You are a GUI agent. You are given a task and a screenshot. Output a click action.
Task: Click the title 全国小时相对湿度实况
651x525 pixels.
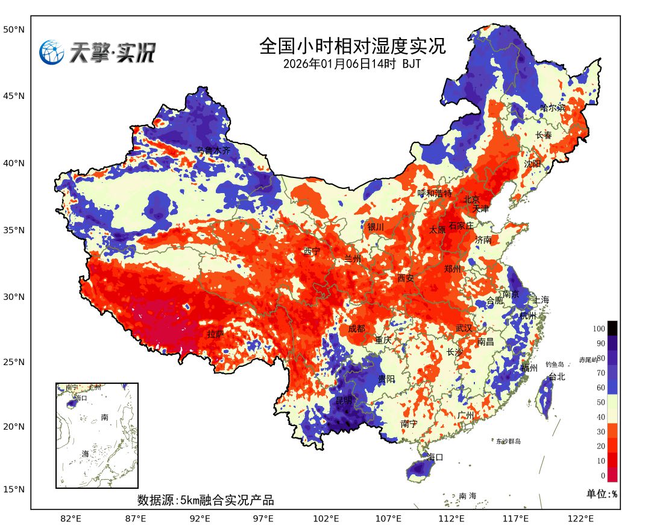pos(353,46)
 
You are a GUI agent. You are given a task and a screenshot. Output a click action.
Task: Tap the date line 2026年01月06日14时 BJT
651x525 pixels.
pos(353,63)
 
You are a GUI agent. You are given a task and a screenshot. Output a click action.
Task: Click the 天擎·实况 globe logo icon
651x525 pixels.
pos(52,52)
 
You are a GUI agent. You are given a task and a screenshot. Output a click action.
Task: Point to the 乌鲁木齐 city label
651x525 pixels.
pos(213,150)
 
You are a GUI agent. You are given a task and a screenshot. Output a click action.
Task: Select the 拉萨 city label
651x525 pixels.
pos(216,334)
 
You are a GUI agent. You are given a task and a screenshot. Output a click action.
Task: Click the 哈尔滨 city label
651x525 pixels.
pos(553,108)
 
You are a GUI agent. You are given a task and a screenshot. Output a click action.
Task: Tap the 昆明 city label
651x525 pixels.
pos(344,401)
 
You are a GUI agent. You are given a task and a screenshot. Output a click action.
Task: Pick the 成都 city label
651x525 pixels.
pos(356,329)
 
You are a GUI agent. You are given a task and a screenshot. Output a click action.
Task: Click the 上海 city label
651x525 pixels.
pos(541,300)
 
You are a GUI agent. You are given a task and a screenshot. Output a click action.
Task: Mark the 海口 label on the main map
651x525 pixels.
pos(435,457)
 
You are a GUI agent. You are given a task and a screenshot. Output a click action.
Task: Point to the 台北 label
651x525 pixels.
pos(557,377)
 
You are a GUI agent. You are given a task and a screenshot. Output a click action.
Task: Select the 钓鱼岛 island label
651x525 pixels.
pos(554,364)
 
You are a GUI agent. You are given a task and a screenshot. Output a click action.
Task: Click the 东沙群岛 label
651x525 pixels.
pos(508,442)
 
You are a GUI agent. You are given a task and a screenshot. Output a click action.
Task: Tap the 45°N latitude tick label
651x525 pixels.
pos(14,96)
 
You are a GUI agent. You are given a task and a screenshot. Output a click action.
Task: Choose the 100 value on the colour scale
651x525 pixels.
pos(598,329)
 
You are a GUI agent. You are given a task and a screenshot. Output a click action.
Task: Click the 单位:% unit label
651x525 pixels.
pos(602,494)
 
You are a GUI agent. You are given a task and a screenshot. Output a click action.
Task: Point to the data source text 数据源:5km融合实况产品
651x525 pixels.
pos(206,500)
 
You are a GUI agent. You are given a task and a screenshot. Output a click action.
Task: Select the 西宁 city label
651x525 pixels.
pos(312,251)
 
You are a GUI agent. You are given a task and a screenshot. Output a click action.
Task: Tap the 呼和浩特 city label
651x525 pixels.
pos(435,193)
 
